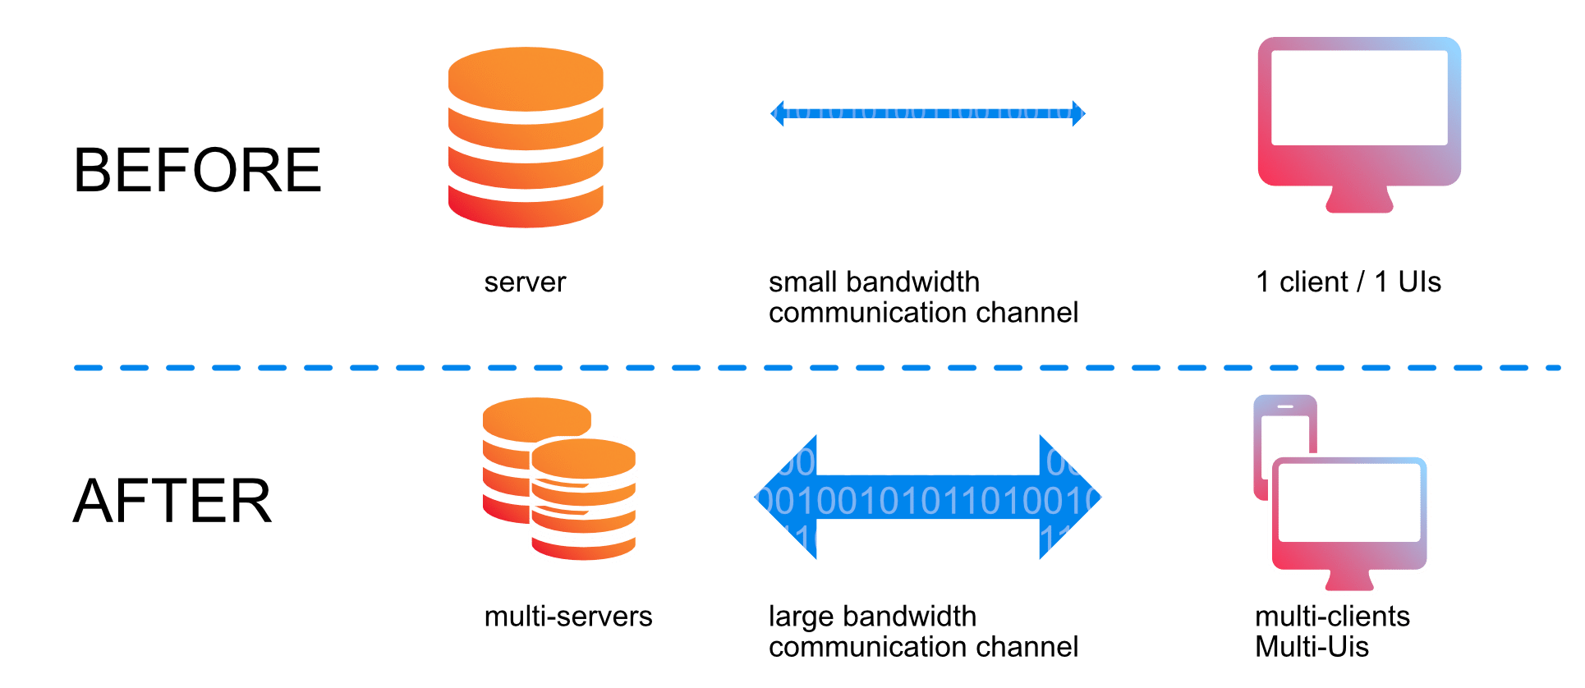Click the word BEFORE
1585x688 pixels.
click(198, 171)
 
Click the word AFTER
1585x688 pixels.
click(172, 501)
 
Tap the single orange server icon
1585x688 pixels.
click(526, 138)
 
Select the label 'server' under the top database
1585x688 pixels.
click(525, 282)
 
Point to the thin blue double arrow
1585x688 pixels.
click(927, 113)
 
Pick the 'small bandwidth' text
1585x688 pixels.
click(874, 282)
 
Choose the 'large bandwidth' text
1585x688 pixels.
click(872, 617)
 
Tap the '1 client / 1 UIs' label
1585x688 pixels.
click(1348, 282)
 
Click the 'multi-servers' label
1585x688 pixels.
click(568, 617)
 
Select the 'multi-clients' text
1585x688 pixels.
click(1332, 617)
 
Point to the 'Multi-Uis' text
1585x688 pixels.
click(1312, 647)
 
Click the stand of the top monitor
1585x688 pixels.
click(1358, 200)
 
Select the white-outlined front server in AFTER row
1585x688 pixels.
click(583, 501)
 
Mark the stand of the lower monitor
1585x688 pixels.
click(1348, 581)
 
